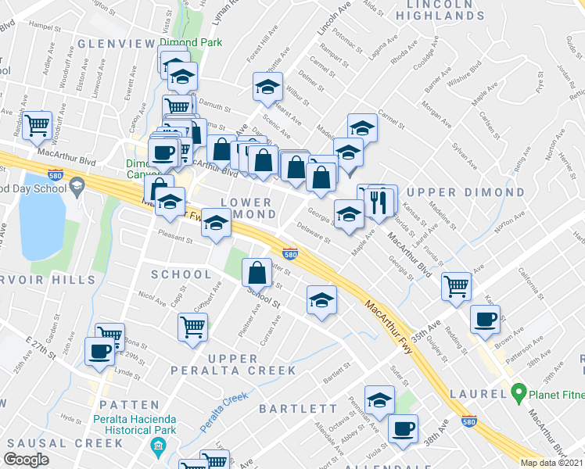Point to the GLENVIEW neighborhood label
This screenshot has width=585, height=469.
(x=116, y=43)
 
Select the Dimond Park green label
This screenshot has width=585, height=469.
(x=190, y=42)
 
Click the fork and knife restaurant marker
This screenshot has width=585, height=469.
(x=380, y=201)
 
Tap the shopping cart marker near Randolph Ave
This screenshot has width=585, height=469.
(x=37, y=125)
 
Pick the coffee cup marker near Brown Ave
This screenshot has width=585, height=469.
(x=485, y=318)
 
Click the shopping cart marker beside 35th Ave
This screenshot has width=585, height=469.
(x=456, y=285)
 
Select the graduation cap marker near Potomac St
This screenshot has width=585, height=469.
(x=267, y=87)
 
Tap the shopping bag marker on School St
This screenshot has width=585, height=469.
(x=257, y=272)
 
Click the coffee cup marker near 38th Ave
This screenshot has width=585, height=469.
(x=404, y=428)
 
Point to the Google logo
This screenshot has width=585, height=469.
(x=27, y=459)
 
